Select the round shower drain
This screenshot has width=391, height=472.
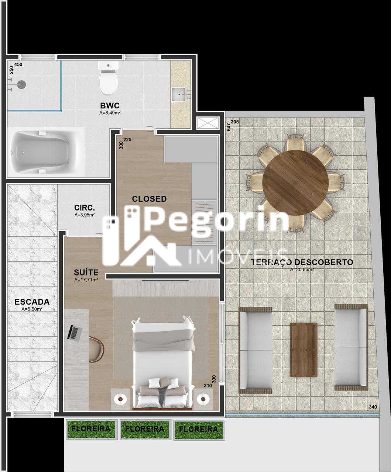(22, 84)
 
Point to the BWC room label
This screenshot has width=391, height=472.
(110, 105)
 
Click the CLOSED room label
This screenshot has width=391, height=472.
(149, 199)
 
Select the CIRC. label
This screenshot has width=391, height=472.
(85, 208)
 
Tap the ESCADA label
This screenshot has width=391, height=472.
(32, 302)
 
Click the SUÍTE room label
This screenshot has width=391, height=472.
(86, 273)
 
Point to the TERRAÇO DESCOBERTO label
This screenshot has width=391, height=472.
(302, 262)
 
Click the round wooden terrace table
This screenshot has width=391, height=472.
(295, 183)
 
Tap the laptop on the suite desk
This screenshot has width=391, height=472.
(74, 333)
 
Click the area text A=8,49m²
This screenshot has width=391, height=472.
(110, 113)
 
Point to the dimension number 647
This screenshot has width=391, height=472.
(229, 127)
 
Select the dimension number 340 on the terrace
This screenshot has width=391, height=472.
(373, 407)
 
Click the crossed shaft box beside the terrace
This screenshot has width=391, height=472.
(208, 123)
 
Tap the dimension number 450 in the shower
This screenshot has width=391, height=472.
(18, 65)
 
